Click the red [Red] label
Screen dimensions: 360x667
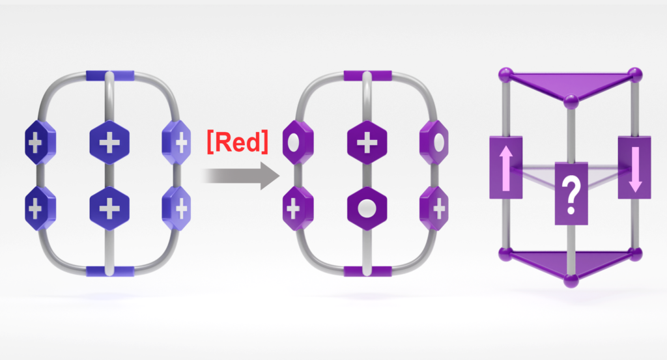coord(237,141)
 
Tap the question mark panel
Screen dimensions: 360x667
coord(571,191)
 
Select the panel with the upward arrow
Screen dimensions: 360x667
coord(505,167)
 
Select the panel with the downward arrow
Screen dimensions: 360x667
coord(634,167)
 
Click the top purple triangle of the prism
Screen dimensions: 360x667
coord(569,83)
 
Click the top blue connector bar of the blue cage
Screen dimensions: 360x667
coord(109,76)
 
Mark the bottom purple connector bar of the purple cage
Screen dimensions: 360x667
coord(368,270)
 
